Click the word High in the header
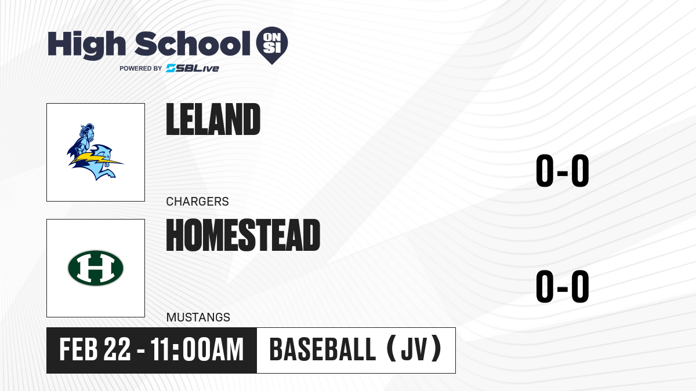(86, 45)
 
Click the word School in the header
(193, 43)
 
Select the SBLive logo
(193, 68)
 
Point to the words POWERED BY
(141, 68)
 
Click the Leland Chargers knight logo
(95, 152)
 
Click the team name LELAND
(213, 119)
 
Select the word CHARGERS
(198, 202)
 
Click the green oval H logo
(96, 268)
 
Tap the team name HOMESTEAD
(243, 235)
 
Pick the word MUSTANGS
(198, 317)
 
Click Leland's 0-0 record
(563, 171)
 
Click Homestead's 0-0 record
(563, 286)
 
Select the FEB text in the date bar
(79, 349)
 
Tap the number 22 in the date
(117, 349)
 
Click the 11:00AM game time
(197, 349)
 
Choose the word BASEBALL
(323, 349)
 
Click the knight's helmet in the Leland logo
(86, 132)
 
